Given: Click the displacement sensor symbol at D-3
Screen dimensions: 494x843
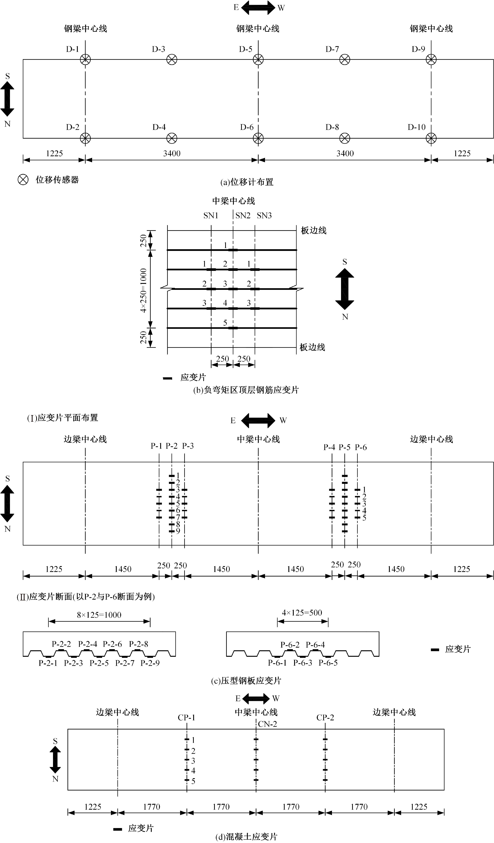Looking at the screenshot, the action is (x=172, y=60).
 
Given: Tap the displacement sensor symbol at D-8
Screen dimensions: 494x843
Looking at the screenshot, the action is (x=345, y=138).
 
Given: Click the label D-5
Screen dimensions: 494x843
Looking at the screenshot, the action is (x=246, y=49).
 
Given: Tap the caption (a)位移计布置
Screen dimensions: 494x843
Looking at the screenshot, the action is (x=247, y=182).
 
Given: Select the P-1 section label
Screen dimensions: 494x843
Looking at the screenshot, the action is (x=156, y=446).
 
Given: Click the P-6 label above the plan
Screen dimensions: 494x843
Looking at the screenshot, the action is (x=361, y=447).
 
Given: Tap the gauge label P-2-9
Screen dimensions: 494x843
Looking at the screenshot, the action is (x=150, y=663).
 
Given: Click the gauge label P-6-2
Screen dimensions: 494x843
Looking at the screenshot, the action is (x=290, y=645).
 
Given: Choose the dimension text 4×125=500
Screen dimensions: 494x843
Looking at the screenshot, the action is (x=302, y=613).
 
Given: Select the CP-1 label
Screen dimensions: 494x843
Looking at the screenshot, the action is (x=186, y=718).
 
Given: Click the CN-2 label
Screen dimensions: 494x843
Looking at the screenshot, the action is (x=267, y=724).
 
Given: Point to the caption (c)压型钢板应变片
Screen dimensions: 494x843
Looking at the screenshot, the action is (x=246, y=681).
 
